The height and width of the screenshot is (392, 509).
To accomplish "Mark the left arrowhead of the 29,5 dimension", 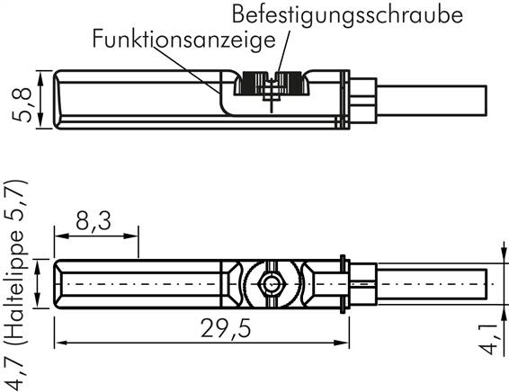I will coord(60,343).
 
